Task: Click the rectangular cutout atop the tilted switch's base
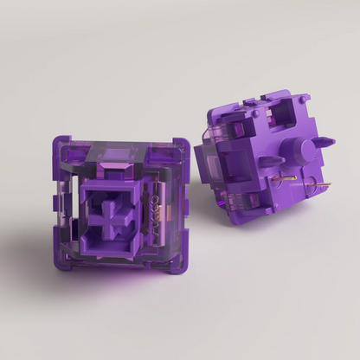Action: tap(277, 109)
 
